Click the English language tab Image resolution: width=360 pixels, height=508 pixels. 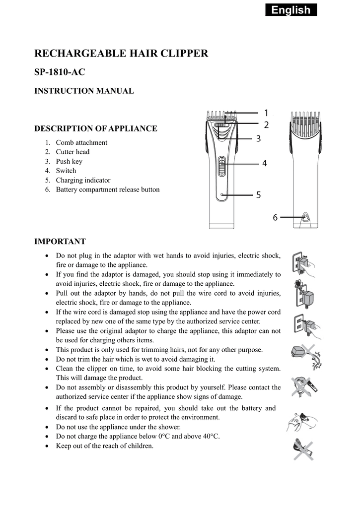291,10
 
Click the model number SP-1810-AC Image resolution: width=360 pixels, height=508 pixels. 60,72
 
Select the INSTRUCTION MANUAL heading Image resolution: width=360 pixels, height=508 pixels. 83,91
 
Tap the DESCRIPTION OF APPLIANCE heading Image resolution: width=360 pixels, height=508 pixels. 95,128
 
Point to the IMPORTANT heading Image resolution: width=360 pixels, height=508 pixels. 60,242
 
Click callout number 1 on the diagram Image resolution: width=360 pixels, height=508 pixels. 266,113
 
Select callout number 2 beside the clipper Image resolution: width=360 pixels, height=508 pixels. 266,125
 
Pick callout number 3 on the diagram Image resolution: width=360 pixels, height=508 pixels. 258,139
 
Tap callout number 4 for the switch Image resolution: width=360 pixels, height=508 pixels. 265,163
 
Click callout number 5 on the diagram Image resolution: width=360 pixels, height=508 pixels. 258,195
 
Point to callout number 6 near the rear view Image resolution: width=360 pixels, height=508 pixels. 275,217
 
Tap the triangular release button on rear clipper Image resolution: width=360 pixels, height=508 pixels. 305,217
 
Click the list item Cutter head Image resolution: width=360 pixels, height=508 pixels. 72,152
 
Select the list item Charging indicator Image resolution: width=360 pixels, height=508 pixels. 83,180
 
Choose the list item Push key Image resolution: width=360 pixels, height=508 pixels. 69,161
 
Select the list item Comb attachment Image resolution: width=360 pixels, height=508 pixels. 81,142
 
